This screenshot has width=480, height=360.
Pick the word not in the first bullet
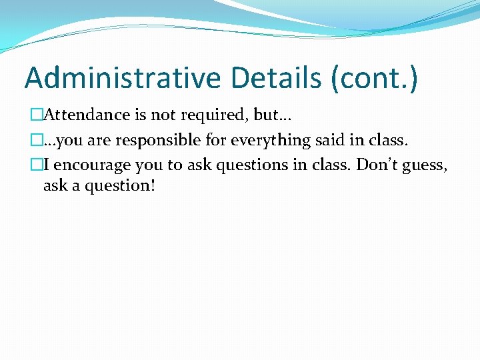163,115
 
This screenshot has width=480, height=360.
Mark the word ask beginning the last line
55,185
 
